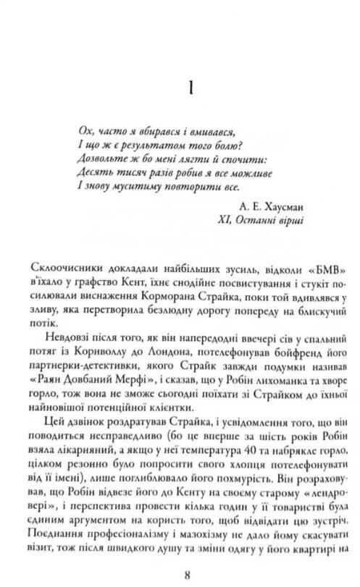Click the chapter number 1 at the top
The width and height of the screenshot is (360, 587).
[188, 89]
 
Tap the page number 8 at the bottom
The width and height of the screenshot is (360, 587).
[188, 575]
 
